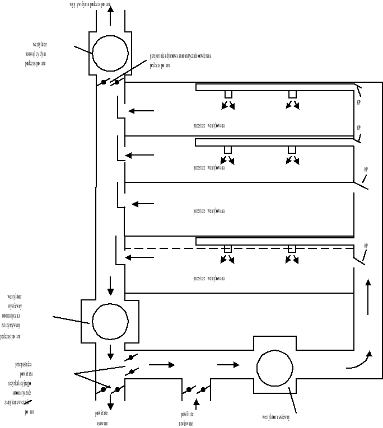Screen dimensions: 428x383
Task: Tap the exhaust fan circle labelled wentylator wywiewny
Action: point(110,322)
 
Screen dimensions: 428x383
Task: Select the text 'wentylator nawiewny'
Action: point(280,416)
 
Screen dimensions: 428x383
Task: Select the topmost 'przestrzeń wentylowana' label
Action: point(209,126)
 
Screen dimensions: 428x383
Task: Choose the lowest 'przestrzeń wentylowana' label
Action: point(209,278)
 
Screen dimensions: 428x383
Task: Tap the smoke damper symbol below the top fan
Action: point(111,82)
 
